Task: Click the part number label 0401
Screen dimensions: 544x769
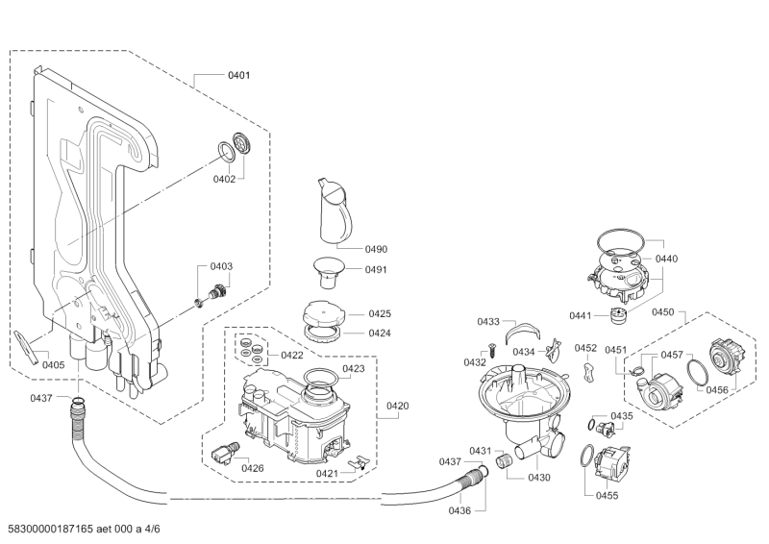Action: [x=238, y=75]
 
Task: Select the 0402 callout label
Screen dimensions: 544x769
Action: [x=224, y=179]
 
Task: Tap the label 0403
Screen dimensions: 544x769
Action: [x=222, y=266]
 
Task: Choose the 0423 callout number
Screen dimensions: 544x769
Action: [x=353, y=369]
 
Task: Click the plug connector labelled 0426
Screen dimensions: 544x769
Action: [x=225, y=450]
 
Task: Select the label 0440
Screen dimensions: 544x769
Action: [x=667, y=260]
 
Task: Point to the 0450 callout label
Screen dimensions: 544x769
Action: [x=663, y=312]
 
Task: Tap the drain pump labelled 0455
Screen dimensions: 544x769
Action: [x=609, y=465]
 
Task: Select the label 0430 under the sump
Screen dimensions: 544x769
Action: [x=538, y=478]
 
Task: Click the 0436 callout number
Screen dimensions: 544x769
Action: [x=459, y=510]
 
